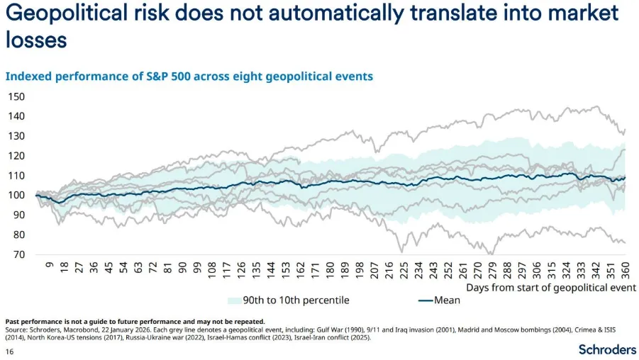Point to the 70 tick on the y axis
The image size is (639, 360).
tap(18, 254)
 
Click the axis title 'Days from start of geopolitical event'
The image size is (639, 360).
tap(551, 287)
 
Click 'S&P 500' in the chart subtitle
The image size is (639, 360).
tap(143, 76)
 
